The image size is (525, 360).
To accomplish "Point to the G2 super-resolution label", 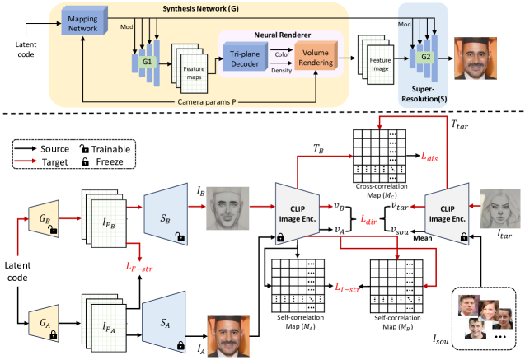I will click(x=425, y=60).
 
